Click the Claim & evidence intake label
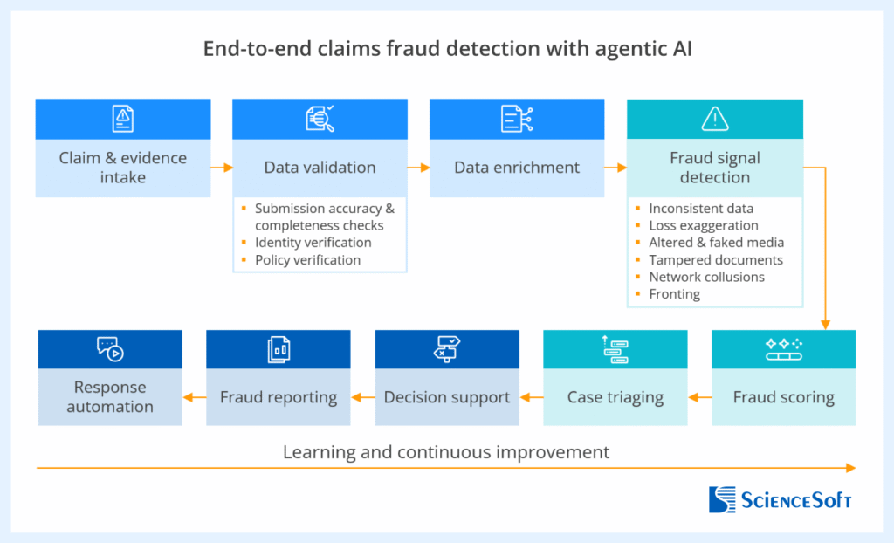click(123, 168)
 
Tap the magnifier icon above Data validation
click(320, 119)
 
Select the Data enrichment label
click(517, 168)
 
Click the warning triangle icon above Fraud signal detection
click(715, 119)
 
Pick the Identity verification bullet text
click(313, 243)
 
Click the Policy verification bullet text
click(307, 259)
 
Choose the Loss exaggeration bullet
click(703, 225)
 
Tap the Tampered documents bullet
click(715, 259)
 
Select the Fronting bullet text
click(674, 294)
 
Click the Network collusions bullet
click(706, 277)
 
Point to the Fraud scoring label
click(783, 397)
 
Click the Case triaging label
click(615, 397)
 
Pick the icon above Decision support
click(447, 348)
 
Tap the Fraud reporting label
click(279, 397)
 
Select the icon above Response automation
click(110, 348)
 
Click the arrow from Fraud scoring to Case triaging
click(699, 397)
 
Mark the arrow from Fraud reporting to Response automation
click(194, 397)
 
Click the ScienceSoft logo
click(780, 499)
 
